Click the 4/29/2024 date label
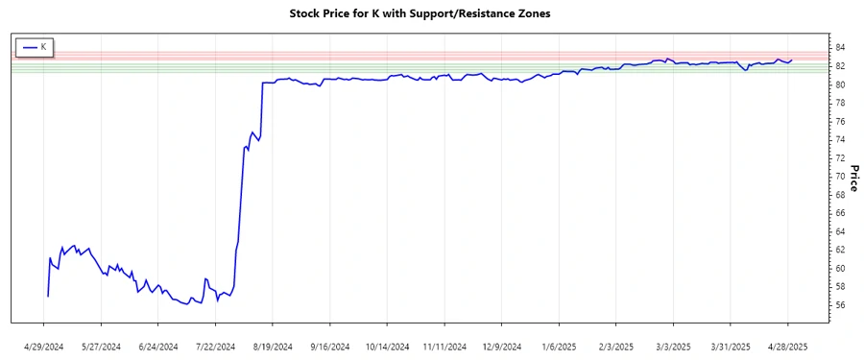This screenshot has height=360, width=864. click(44, 346)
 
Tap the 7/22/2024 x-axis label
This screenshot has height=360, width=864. click(216, 346)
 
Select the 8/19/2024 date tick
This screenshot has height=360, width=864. click(273, 346)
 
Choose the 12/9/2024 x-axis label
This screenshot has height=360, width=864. click(501, 346)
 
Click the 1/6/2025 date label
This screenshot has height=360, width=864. click(559, 346)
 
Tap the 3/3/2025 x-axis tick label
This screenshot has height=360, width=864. click(673, 346)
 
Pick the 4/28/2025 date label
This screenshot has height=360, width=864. click(787, 346)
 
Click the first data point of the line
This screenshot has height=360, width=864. click(47, 297)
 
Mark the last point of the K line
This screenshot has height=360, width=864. click(792, 60)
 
